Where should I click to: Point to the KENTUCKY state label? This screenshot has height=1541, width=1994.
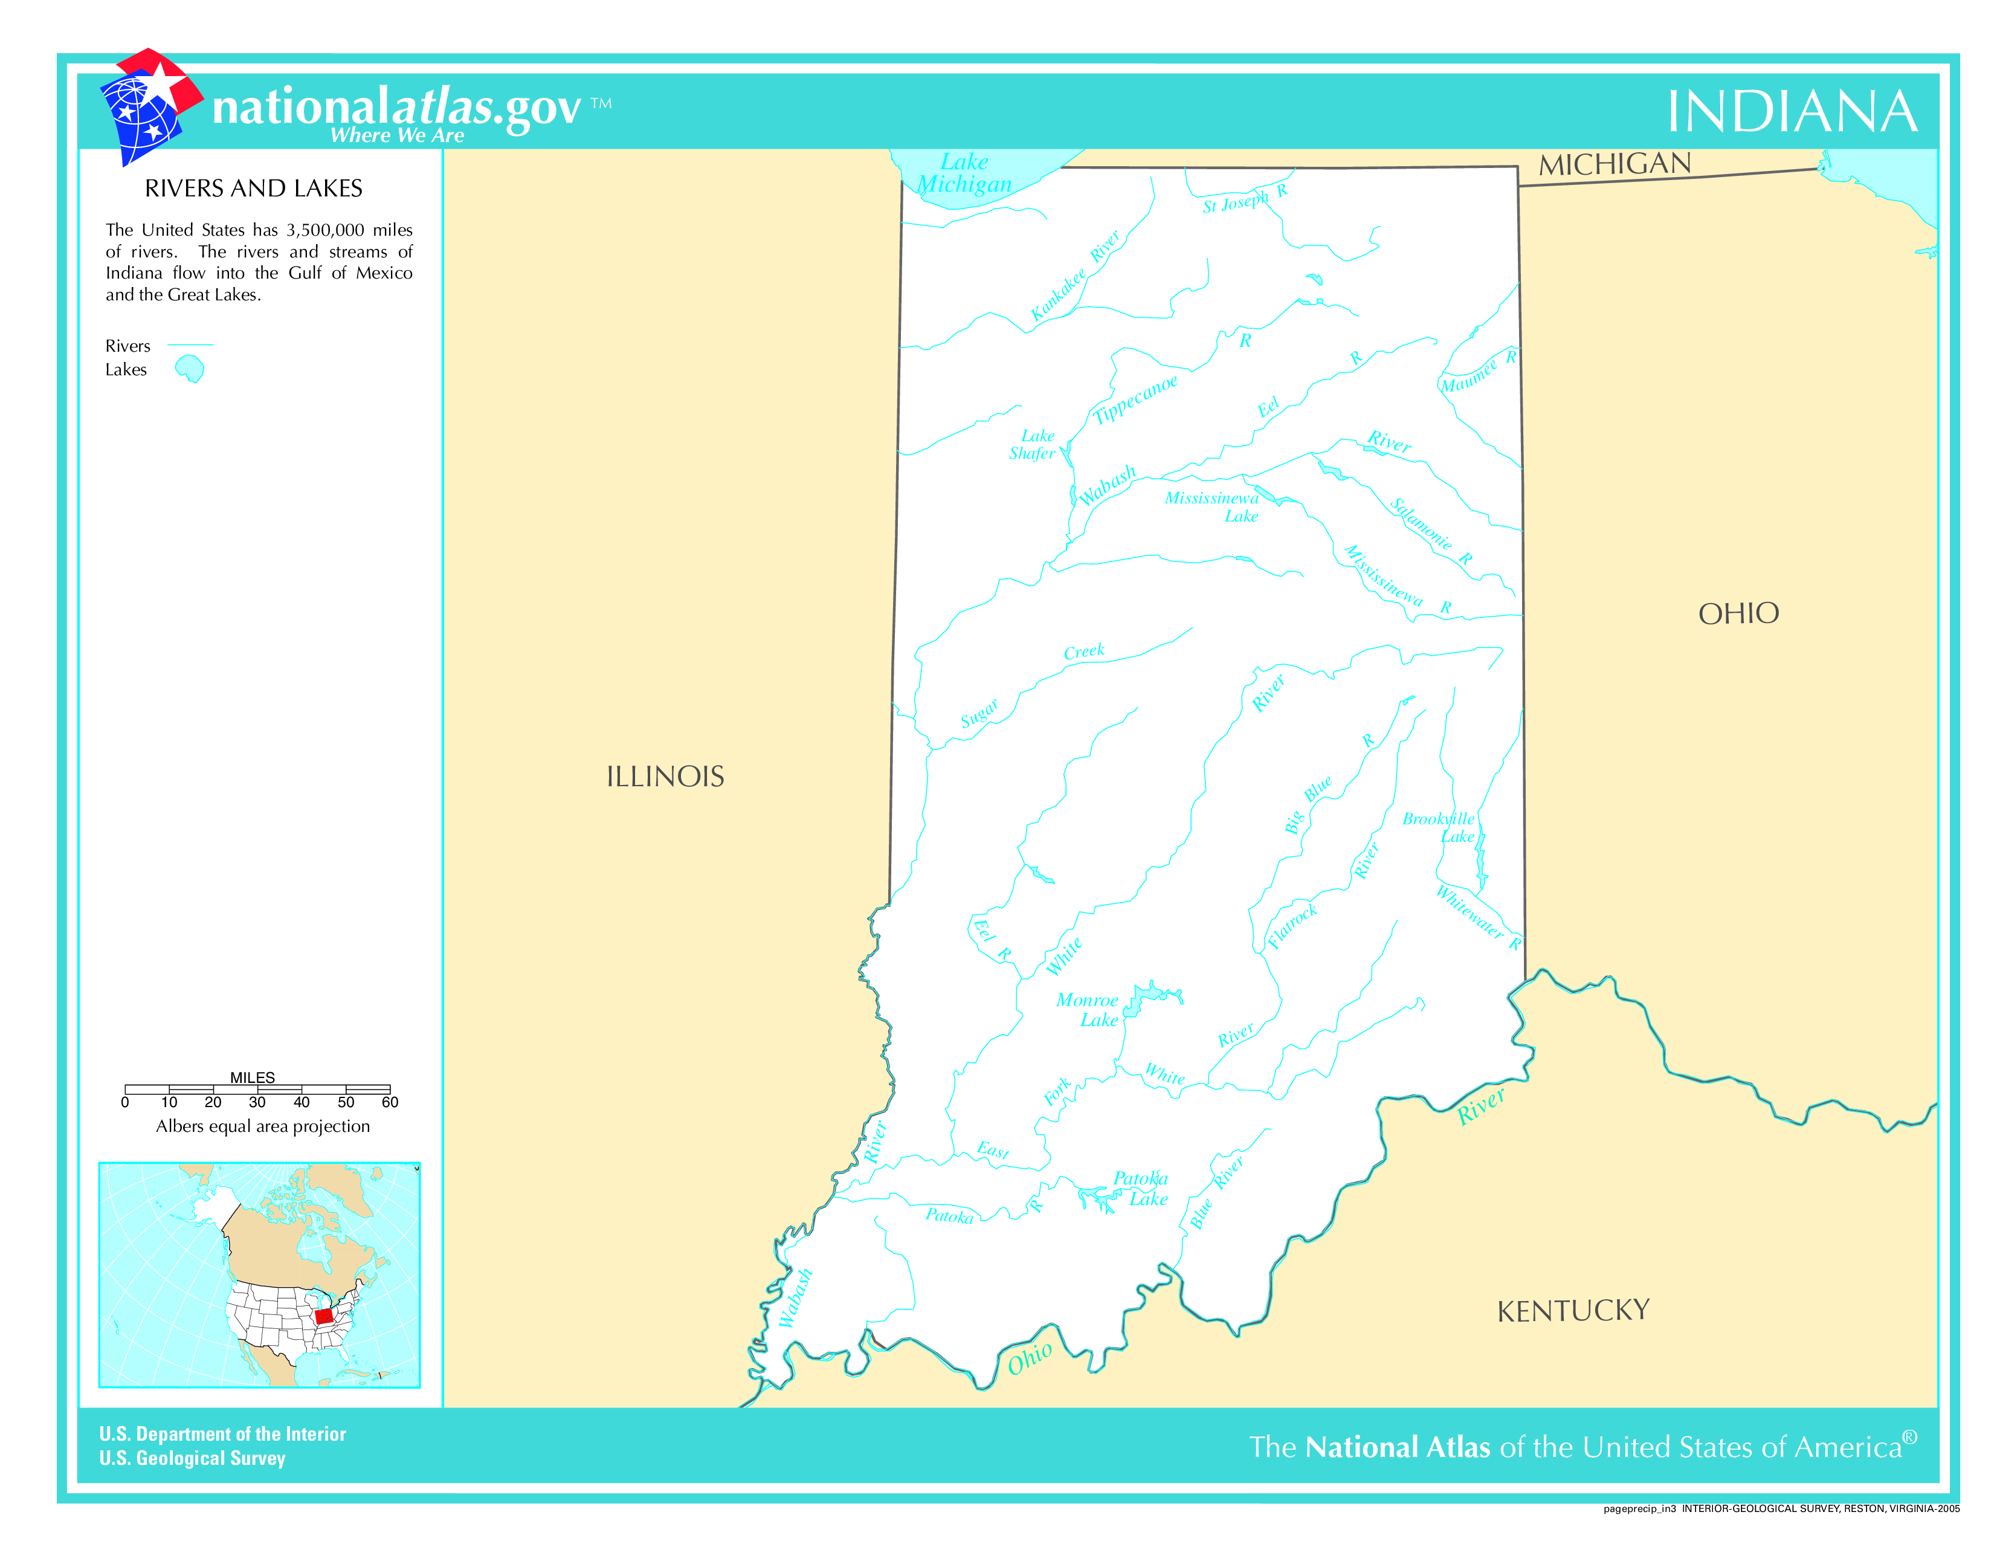tap(1572, 1311)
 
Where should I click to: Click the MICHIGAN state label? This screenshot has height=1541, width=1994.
tap(1614, 164)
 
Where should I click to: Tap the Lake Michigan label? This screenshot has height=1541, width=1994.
tap(964, 173)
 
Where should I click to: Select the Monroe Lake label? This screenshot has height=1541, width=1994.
tap(1088, 1010)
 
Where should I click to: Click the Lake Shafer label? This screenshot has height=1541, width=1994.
tap(1033, 445)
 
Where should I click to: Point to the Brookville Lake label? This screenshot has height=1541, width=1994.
tap(1440, 827)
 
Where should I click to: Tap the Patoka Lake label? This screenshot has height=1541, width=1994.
tap(1141, 1189)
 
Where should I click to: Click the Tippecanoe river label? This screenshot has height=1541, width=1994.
tap(1136, 399)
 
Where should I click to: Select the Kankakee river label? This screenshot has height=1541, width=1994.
tap(1059, 294)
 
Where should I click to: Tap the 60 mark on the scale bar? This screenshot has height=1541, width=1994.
tap(390, 1102)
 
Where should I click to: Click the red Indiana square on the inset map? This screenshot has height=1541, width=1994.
tap(323, 1316)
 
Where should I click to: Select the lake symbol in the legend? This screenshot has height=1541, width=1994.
tap(190, 369)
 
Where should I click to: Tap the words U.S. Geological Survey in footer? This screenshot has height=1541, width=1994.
tap(193, 1458)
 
